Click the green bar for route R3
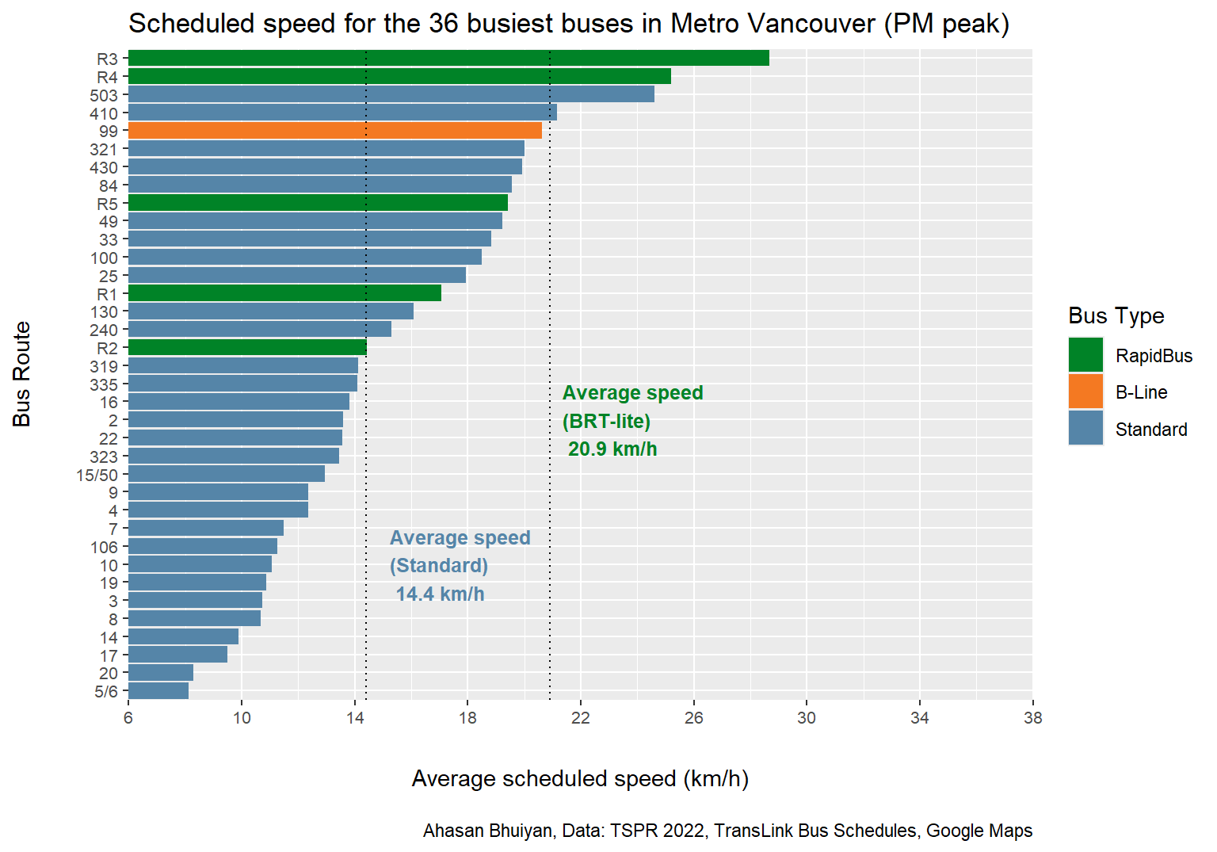[x=448, y=58]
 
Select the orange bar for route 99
[x=334, y=131]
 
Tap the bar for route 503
[x=391, y=94]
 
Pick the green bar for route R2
[x=247, y=348]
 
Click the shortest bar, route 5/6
[x=158, y=691]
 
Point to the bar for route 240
[x=260, y=330]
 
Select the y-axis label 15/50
[x=97, y=475]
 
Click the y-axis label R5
[x=107, y=204]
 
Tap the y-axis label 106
[x=104, y=547]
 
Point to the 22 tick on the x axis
[x=581, y=718]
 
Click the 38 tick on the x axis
[x=1032, y=718]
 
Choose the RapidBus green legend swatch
[x=1085, y=355]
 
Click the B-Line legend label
[x=1141, y=392]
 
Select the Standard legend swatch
[x=1085, y=428]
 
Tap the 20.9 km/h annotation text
[x=612, y=449]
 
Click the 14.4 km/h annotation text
[x=440, y=594]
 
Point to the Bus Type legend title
[x=1116, y=315]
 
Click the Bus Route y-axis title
[x=22, y=374]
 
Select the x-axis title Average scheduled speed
[x=580, y=779]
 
